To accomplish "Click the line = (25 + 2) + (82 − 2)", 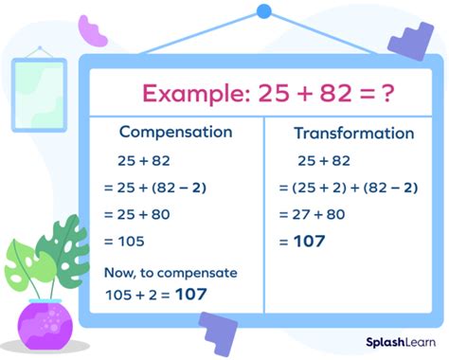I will click(x=348, y=187).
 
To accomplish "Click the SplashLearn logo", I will click(x=396, y=338).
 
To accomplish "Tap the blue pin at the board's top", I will click(x=264, y=11).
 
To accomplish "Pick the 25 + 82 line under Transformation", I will click(x=323, y=160).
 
